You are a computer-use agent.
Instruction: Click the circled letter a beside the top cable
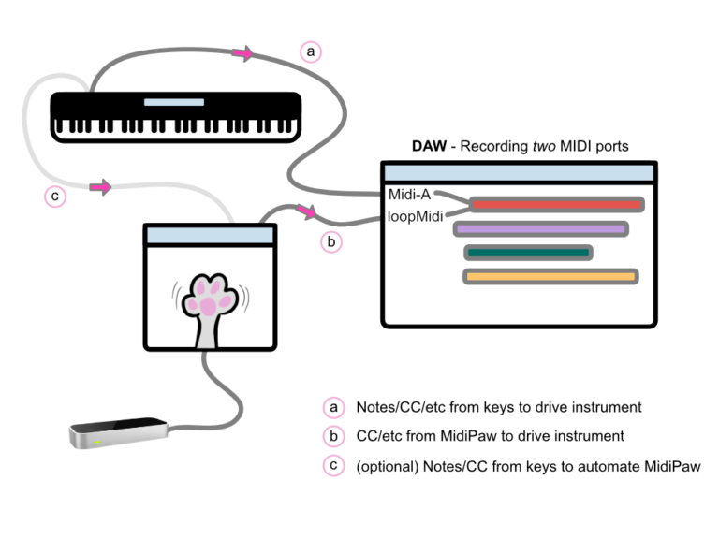point(310,51)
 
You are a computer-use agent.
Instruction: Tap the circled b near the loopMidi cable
point(331,242)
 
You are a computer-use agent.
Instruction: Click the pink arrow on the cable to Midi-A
point(242,55)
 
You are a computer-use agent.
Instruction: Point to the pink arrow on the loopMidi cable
point(306,214)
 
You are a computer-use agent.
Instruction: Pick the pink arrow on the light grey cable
point(100,188)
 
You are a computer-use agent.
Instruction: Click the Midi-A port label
point(409,196)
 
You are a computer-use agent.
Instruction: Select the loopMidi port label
point(414,216)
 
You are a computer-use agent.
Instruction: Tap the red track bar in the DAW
point(556,204)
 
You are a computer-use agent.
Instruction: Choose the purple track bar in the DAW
point(540,228)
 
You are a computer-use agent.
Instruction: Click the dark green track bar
point(528,253)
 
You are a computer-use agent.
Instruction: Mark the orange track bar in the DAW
point(550,276)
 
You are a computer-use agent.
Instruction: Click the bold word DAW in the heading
point(431,147)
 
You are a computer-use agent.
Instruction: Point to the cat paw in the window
point(209,304)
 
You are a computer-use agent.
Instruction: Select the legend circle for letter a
point(332,408)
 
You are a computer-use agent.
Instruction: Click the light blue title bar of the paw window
point(209,234)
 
